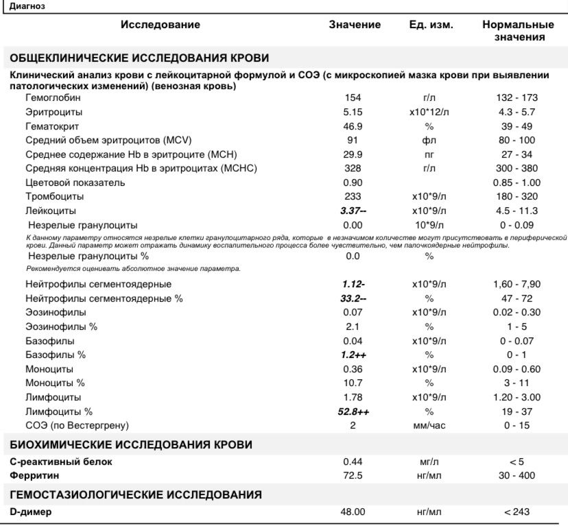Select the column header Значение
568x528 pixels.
click(354, 25)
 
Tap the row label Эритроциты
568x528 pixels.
click(54, 112)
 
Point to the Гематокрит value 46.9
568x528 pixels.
click(353, 126)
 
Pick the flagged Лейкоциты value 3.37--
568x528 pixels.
click(353, 211)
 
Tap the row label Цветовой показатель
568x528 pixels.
click(75, 182)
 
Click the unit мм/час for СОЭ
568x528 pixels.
click(429, 426)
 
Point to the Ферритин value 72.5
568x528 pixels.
click(353, 475)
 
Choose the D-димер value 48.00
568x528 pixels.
click(354, 512)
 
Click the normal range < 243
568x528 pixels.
click(517, 512)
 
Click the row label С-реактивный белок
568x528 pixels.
click(61, 461)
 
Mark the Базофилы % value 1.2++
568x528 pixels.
click(354, 355)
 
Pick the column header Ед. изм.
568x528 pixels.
click(431, 25)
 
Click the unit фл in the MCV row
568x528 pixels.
click(429, 140)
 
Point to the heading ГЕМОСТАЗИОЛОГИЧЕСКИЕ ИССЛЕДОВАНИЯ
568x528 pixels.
click(136, 494)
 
